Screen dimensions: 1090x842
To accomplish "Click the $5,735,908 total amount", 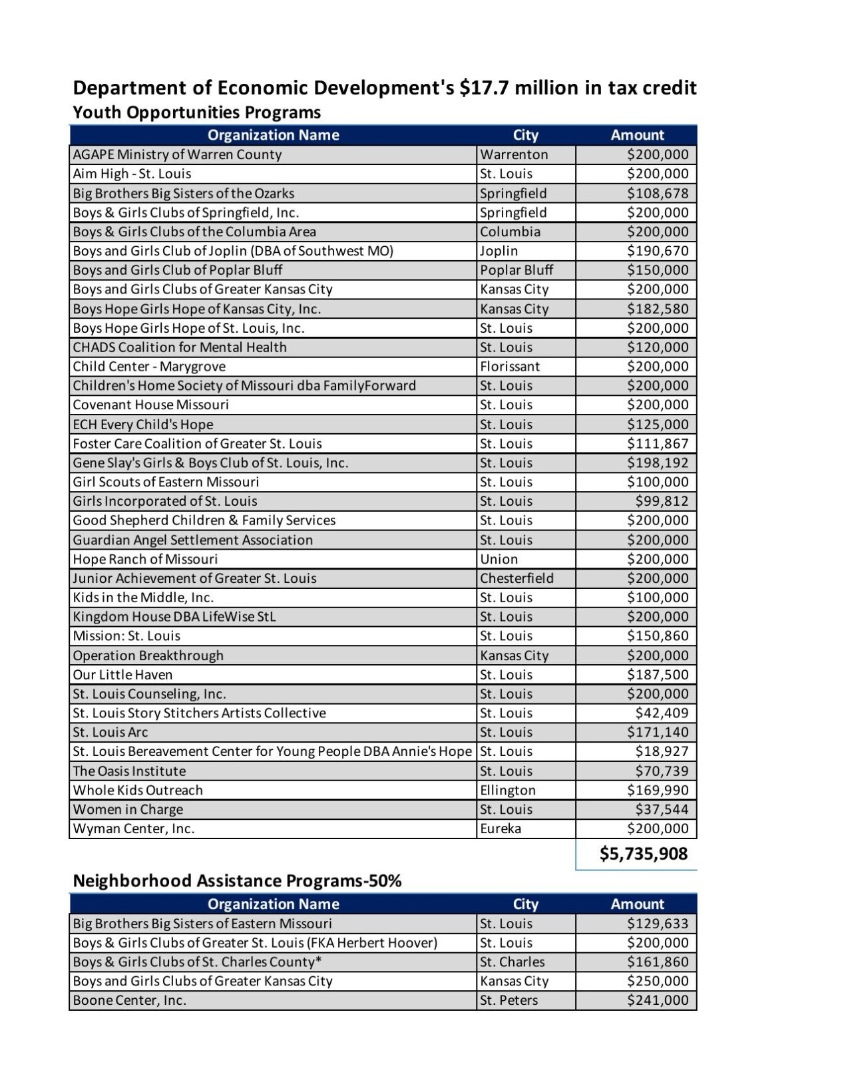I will point(643,854).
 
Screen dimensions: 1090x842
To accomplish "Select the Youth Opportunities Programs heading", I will point(196,112).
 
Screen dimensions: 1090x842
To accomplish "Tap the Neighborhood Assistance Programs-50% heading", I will point(237,880).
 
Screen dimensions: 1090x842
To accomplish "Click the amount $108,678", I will point(657,194).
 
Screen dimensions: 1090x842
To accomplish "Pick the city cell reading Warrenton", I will point(514,154).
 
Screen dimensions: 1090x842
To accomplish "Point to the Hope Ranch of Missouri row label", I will point(145,559).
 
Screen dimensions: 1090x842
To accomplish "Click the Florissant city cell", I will point(510,366).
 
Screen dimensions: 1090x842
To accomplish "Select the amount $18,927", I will point(661,751).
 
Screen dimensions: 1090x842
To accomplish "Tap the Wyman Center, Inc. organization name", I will point(133,828).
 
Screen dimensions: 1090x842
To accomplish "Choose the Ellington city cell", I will point(507,790).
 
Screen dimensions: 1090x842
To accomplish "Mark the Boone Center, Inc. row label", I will point(129,1000).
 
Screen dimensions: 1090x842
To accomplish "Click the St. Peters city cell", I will point(509,1000).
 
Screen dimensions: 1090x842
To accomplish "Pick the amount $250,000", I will point(657,981).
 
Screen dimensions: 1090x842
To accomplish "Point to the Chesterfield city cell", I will point(517,578).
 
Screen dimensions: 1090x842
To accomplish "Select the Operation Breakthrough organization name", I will point(148,655).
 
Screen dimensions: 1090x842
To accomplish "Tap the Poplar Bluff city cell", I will point(517,270).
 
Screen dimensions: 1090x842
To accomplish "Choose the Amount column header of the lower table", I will point(637,904).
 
